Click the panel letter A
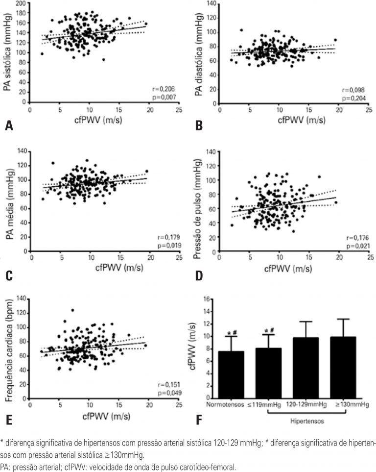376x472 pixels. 8,126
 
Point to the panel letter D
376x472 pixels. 199,276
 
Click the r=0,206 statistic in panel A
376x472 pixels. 165,89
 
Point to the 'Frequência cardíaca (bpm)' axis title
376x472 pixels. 8,348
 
